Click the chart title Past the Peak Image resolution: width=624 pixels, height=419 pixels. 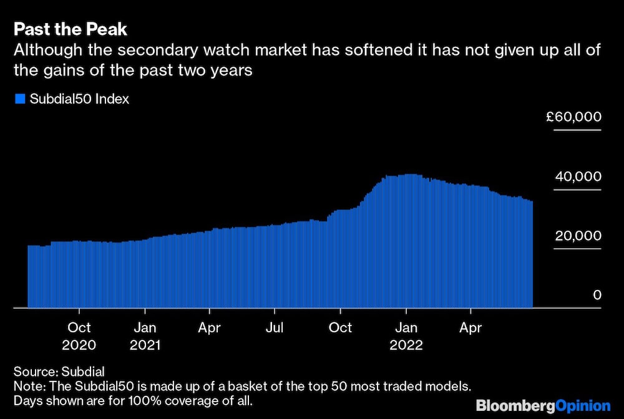[71, 29]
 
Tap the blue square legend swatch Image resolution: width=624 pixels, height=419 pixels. [19, 99]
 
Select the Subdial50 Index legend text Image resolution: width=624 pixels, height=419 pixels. [79, 99]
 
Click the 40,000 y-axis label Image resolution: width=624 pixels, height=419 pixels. [578, 177]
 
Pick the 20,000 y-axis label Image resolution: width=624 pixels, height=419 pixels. [578, 236]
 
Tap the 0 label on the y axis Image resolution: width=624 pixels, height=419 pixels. [597, 295]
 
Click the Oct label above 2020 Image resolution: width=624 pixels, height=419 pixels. [79, 327]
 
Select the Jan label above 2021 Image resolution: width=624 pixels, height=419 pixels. [145, 327]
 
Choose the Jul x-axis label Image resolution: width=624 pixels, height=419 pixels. [275, 327]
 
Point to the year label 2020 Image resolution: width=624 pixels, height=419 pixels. [79, 345]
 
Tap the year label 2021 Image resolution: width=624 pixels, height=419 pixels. [145, 345]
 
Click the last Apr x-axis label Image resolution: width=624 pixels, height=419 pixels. [470, 327]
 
